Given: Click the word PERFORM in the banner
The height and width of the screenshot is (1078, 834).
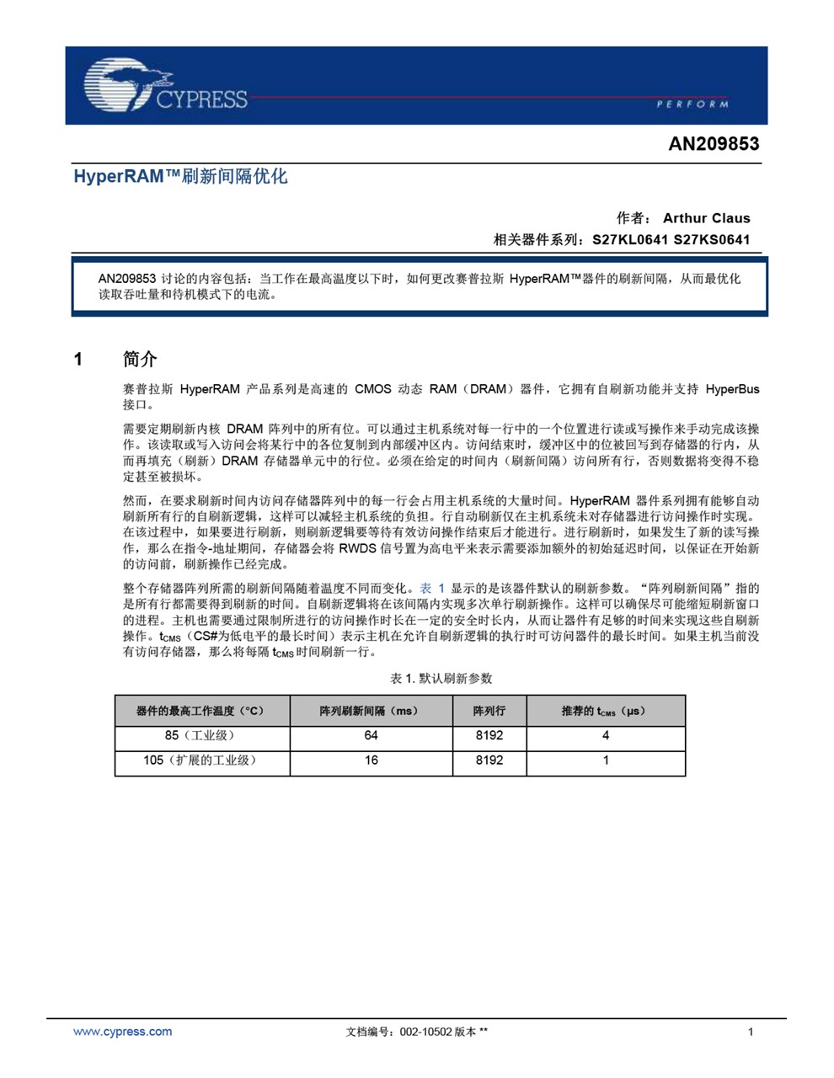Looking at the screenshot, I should pos(692,104).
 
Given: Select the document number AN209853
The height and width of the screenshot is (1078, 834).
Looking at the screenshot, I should pos(714,143).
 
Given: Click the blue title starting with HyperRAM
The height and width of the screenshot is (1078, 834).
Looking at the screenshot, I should pos(180,176).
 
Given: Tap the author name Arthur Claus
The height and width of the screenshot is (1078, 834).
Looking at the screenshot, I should pos(706,217).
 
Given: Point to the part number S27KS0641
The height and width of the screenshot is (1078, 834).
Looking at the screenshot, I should pos(711,239).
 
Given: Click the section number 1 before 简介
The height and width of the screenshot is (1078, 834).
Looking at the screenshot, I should pos(78,360).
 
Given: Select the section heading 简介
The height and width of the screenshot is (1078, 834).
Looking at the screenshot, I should pos(140,360).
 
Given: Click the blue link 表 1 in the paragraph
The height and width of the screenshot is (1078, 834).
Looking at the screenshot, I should pos(432,588).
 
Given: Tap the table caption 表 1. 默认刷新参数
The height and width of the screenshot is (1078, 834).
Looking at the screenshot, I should pos(441,678).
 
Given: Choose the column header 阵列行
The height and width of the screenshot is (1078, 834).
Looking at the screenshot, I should pos(489,711).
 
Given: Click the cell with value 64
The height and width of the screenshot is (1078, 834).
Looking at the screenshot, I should pos(371,735).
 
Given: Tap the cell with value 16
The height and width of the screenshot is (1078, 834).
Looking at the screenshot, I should pos(371,760).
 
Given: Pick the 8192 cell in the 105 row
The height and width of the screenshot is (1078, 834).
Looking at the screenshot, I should pos(489,760).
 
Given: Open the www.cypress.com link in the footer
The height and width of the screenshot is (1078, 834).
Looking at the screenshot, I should pos(122,1032).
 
